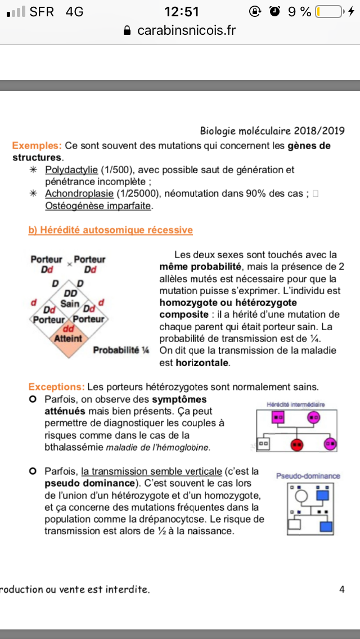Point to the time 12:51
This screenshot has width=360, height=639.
tap(182, 11)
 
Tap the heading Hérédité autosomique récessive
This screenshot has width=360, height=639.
tap(110, 230)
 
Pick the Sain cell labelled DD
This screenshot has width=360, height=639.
tap(70, 299)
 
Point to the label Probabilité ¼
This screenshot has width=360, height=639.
tap(121, 350)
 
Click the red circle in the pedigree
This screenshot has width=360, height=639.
tap(296, 444)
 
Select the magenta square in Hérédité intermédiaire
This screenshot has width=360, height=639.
tap(277, 417)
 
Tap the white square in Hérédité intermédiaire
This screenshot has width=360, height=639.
tap(264, 444)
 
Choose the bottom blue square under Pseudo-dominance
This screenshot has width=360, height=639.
tap(326, 527)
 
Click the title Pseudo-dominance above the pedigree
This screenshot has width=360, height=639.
tap(308, 476)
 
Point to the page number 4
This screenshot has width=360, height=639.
tap(342, 589)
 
